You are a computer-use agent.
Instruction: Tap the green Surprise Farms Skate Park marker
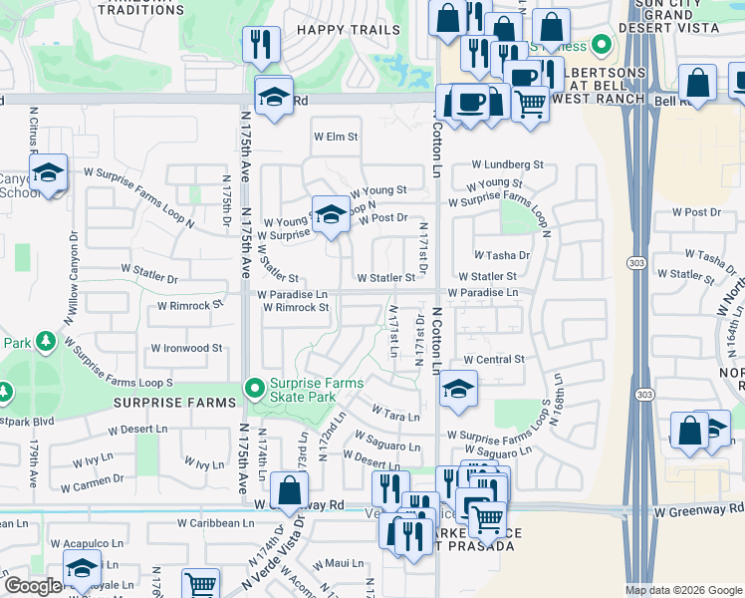point(255,387)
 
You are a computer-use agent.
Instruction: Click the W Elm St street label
point(335,136)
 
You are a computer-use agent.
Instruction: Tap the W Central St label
point(493,359)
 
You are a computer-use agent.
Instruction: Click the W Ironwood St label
point(186,349)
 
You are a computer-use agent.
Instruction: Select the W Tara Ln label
point(395,411)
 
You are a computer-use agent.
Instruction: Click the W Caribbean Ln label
point(216,522)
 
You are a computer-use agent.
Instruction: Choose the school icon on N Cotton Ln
point(457,389)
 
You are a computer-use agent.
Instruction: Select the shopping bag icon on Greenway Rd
point(289,491)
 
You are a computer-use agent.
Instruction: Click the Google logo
point(33,586)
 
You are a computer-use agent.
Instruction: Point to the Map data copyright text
point(682,590)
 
